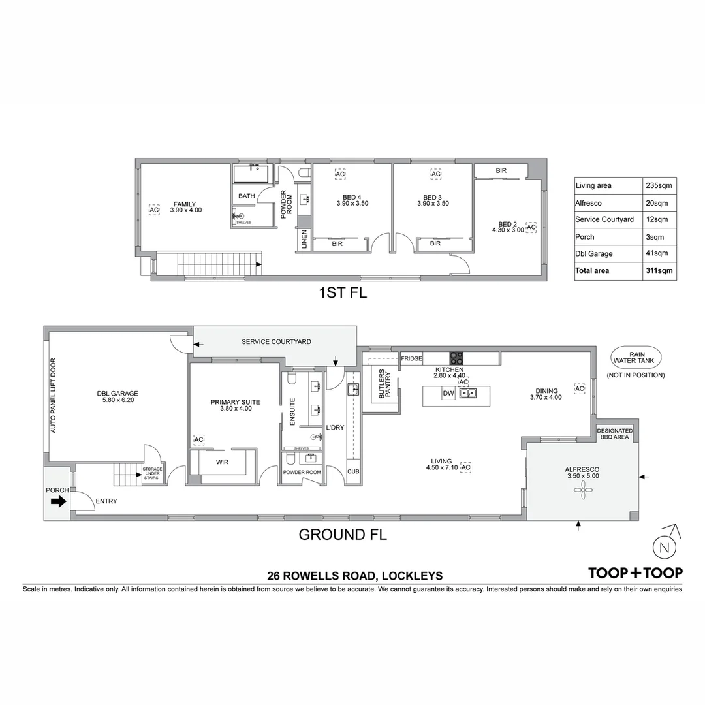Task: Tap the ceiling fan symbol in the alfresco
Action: pos(580,494)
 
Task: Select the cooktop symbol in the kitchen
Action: pos(456,358)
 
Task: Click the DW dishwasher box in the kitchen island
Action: pos(448,393)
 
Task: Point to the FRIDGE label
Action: pos(411,358)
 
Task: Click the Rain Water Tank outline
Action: pos(636,357)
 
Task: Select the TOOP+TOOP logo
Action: pos(635,573)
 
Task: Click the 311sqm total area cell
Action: pos(659,270)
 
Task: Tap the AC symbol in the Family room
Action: pos(154,210)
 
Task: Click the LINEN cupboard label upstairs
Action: pos(304,240)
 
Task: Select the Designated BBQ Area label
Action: pos(614,434)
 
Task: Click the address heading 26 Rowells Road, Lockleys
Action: pos(355,576)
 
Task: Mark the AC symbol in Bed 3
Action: pos(435,174)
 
